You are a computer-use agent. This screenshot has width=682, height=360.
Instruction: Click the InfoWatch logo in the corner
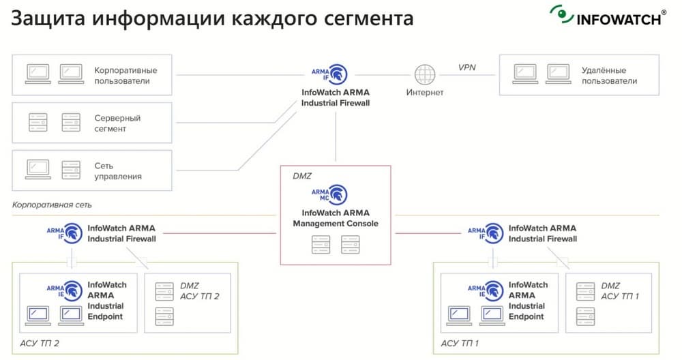(x=608, y=16)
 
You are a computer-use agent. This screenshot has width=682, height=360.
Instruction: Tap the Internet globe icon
(x=425, y=73)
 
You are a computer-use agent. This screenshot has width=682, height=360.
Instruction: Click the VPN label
(x=467, y=67)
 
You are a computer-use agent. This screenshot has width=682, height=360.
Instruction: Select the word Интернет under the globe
(x=425, y=92)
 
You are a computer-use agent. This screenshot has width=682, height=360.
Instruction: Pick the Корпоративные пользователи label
(x=125, y=75)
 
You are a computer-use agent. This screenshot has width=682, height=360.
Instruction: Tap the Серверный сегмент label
(x=117, y=123)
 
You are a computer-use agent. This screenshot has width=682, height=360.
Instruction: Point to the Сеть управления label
(x=118, y=170)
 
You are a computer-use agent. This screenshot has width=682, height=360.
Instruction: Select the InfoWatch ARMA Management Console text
(x=336, y=218)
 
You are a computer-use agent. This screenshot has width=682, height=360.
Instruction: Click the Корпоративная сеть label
(x=52, y=205)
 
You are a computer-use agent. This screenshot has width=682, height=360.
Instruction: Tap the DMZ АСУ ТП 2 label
(x=200, y=290)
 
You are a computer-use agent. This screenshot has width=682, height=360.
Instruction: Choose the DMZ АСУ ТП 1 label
(x=620, y=290)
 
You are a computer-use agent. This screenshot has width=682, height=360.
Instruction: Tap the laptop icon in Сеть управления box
(x=38, y=166)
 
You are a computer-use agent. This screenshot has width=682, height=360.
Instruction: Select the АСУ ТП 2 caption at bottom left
(x=40, y=343)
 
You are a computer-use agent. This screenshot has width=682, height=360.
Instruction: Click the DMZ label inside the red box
(x=301, y=176)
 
